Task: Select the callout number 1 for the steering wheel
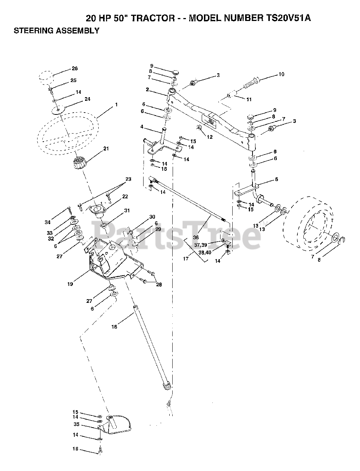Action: [x=116, y=105]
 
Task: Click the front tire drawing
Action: [x=310, y=225]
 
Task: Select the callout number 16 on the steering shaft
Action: [x=114, y=327]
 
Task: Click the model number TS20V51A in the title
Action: [x=285, y=18]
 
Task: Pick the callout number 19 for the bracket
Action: [x=70, y=284]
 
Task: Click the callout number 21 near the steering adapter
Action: [x=106, y=149]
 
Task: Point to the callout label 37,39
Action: [x=201, y=245]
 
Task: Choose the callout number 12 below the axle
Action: [x=210, y=137]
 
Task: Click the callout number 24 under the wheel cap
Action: [x=87, y=99]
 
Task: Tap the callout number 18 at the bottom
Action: [x=75, y=449]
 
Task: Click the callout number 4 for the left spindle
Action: [x=142, y=127]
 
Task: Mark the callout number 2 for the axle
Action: [x=147, y=89]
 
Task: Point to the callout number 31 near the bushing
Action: [x=127, y=211]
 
